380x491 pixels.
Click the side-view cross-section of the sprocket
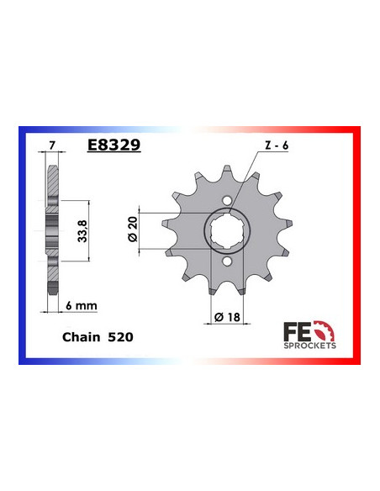[x=53, y=227]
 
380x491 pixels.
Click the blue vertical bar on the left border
[x=20, y=244]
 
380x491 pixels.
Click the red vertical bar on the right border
[x=359, y=244]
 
